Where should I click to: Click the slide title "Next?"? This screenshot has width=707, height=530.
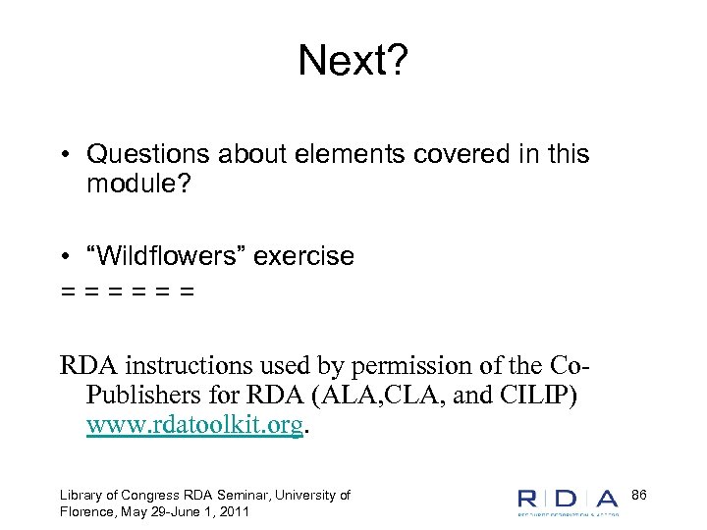tap(353, 61)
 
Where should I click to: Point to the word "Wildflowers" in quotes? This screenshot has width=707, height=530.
tap(168, 256)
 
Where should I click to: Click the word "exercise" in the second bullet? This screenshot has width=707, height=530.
tap(304, 256)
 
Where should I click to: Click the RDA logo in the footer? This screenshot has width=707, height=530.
tap(568, 500)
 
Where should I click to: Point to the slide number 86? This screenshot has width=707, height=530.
tap(639, 494)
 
